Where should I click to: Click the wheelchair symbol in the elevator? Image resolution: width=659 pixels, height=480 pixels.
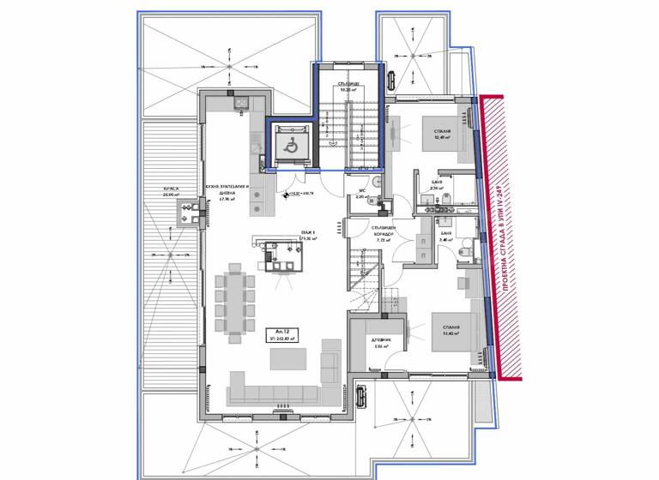pyautogui.click(x=289, y=147)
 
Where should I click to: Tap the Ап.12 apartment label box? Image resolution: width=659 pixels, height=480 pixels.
pyautogui.click(x=283, y=335)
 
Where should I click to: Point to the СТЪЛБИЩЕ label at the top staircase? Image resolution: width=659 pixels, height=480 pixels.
pyautogui.click(x=348, y=84)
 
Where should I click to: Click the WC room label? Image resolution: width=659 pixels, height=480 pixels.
pyautogui.click(x=361, y=193)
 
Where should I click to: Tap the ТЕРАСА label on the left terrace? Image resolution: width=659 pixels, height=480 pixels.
pyautogui.click(x=157, y=192)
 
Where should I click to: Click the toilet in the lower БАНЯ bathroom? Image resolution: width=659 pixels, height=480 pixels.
pyautogui.click(x=463, y=250)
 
